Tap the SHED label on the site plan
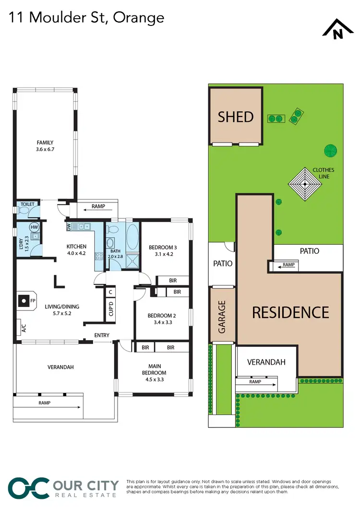click(236, 117)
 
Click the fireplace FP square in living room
click(23, 301)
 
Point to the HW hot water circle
click(34, 227)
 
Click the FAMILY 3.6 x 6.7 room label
click(45, 146)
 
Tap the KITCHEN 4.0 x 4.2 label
click(76, 250)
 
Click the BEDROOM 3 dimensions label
click(163, 250)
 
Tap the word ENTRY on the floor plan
click(102, 335)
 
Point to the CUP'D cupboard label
click(110, 308)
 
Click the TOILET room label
click(27, 204)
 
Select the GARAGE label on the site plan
click(222, 317)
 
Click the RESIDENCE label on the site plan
click(290, 312)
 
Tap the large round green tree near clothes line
click(330, 151)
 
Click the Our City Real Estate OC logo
click(29, 487)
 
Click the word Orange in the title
click(141, 18)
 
